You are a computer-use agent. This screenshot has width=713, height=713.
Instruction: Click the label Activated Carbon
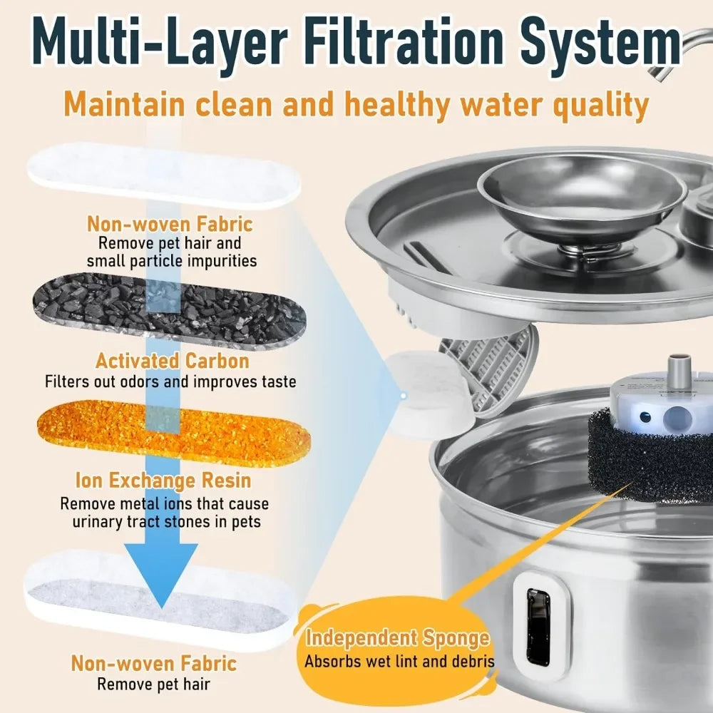pyautogui.click(x=173, y=361)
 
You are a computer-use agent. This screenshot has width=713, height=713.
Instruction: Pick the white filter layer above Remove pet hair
pyautogui.click(x=160, y=599)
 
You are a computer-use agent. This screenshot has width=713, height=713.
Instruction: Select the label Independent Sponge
pyautogui.click(x=398, y=638)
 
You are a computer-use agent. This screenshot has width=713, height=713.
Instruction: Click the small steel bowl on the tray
pyautogui.click(x=581, y=193)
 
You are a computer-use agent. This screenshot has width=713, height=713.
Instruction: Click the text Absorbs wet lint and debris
pyautogui.click(x=399, y=661)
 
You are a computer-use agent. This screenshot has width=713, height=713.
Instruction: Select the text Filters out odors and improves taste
pyautogui.click(x=170, y=382)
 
